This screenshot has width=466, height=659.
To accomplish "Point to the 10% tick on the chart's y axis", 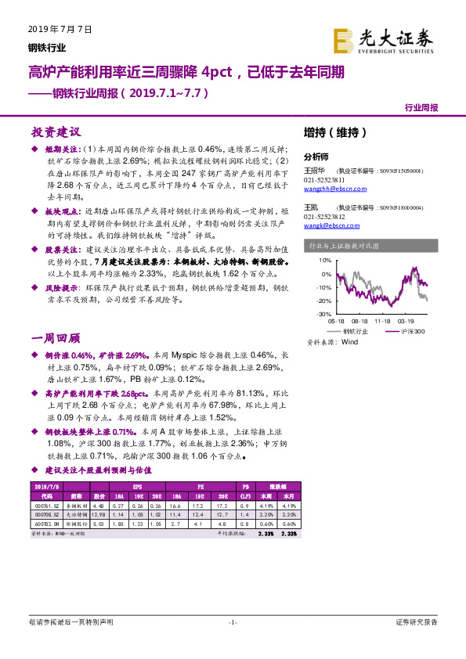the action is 325,260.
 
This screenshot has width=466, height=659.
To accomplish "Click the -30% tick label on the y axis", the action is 323,314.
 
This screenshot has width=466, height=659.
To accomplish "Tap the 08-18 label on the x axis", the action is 359,321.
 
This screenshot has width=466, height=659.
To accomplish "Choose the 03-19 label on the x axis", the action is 406,321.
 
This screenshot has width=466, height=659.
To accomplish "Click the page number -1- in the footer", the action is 233,622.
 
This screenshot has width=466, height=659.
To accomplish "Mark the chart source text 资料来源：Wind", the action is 332,342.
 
